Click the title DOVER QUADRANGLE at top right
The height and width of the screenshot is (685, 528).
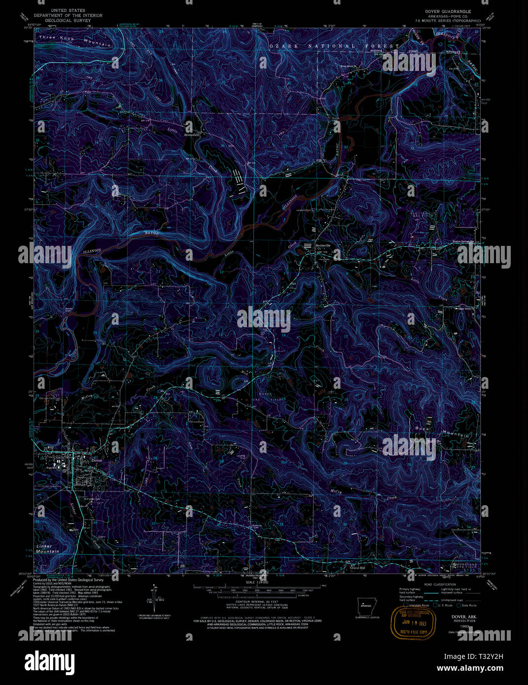coord(448,11)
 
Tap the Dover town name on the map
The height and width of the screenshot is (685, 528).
coord(97,460)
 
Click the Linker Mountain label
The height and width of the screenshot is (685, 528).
coord(47,549)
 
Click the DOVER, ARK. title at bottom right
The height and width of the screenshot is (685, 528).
coord(458,616)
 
